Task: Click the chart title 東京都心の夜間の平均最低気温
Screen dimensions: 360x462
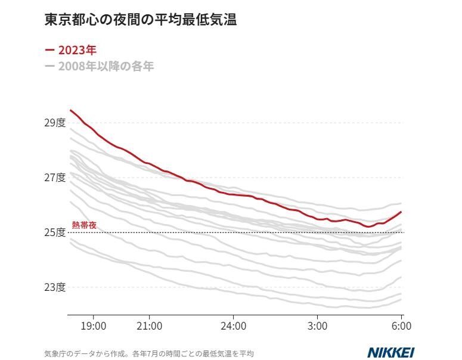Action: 141,20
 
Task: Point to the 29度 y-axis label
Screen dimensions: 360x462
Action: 54,123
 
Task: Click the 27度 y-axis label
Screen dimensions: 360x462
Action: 54,178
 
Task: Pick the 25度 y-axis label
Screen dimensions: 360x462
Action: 54,232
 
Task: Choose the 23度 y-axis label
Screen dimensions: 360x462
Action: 54,287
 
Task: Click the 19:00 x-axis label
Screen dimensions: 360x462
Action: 94,326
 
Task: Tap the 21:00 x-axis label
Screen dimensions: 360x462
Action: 150,326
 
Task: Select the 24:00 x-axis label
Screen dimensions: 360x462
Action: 234,326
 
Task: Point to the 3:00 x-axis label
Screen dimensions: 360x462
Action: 318,326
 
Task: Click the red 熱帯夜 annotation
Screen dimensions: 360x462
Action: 84,225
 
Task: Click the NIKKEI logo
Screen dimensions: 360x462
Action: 390,352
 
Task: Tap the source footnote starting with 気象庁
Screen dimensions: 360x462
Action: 149,353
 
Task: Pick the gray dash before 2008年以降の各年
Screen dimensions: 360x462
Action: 49,66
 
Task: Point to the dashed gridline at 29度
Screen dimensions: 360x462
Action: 298,123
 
